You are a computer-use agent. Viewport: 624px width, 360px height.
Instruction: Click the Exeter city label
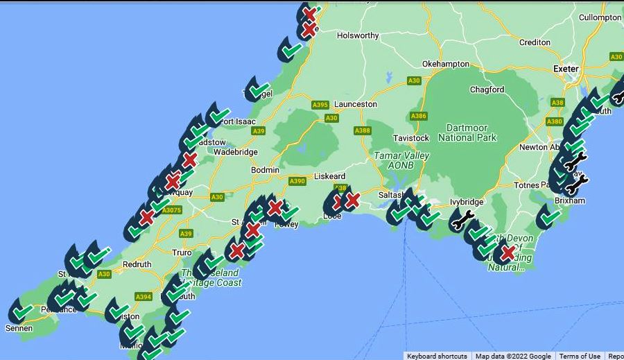coord(566,69)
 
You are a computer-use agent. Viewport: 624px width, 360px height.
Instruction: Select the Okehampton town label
coord(446,64)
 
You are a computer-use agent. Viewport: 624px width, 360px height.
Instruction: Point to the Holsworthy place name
coord(358,35)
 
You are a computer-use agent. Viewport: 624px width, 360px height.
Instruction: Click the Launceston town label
coord(356,104)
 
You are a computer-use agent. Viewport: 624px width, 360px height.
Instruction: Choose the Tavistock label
coord(411,138)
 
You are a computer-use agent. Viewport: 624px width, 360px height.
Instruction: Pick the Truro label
coord(182,252)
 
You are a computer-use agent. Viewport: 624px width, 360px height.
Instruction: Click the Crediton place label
coord(535,42)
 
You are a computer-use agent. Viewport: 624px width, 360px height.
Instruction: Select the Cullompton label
coord(600,17)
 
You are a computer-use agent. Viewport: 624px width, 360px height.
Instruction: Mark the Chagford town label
coord(487,89)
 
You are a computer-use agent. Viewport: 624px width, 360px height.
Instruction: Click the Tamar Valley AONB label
coord(401,161)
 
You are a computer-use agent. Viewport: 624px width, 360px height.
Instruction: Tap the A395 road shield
coord(320,105)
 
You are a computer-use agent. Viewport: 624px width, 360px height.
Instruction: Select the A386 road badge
coord(419,116)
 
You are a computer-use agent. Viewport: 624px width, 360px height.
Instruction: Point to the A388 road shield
coord(362,130)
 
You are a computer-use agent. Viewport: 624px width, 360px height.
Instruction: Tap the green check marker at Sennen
coord(21,313)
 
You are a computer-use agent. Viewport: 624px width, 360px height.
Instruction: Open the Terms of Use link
coord(580,356)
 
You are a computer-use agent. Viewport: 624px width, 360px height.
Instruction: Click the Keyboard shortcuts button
coord(437,356)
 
